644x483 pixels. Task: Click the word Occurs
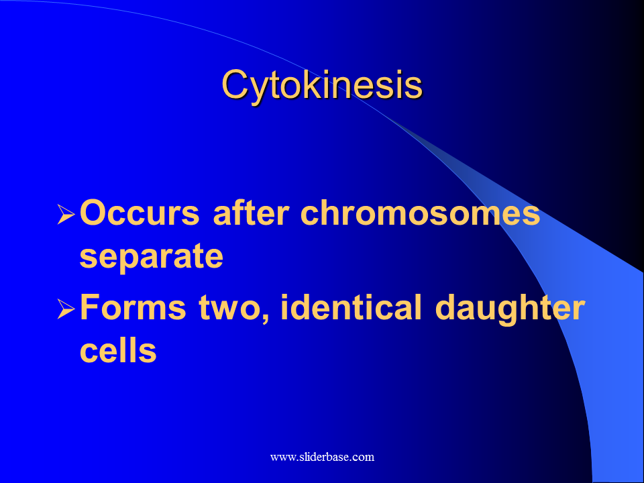140,213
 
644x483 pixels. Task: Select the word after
251,213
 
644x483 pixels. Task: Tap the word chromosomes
420,213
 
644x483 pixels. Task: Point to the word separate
151,257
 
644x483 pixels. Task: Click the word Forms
133,307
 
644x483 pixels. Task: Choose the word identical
351,307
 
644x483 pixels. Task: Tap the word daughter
510,309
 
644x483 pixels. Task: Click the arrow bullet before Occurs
66,214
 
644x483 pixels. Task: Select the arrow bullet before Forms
66,309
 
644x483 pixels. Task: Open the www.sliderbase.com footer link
322,457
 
